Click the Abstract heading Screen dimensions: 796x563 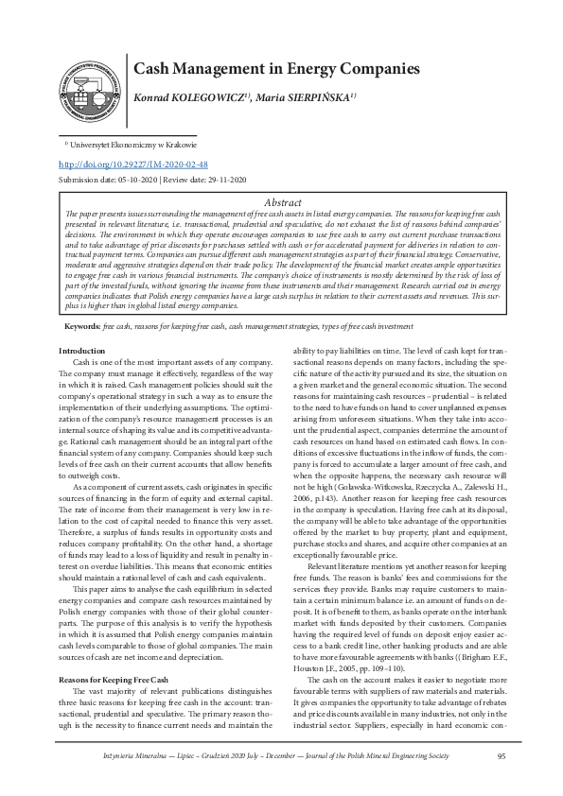(x=282, y=202)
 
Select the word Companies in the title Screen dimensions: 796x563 (x=384, y=69)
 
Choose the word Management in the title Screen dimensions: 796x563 (x=227, y=69)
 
